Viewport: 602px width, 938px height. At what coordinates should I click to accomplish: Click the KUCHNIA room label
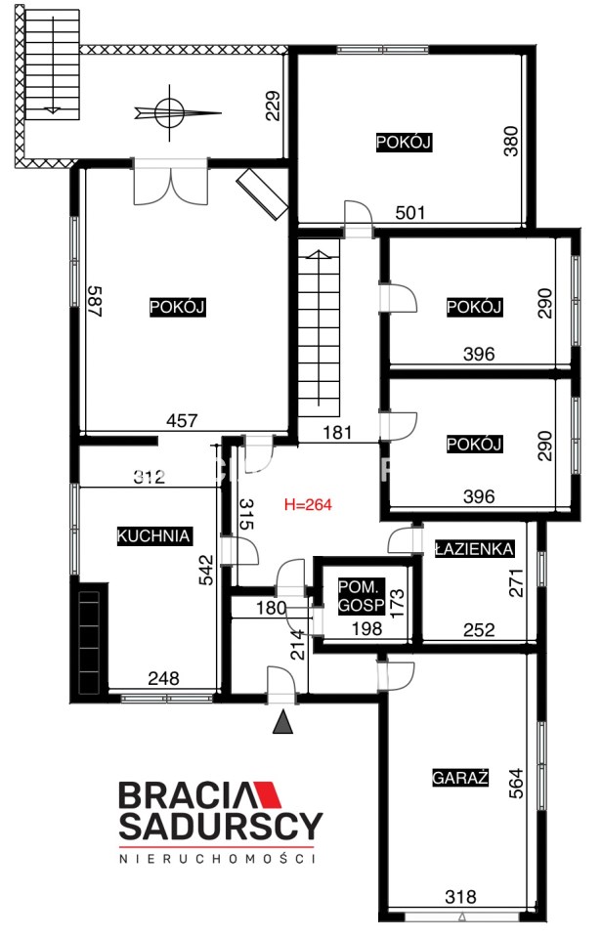tap(153, 535)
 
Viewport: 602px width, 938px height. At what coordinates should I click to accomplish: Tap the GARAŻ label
tap(460, 777)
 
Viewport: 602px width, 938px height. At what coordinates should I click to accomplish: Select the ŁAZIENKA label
tap(474, 548)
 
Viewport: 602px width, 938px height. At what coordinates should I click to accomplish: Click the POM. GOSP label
tap(362, 596)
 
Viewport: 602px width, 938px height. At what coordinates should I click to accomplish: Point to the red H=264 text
tap(308, 505)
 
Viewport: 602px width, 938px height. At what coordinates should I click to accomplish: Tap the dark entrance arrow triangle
tap(283, 722)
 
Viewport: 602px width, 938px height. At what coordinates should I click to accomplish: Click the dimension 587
tap(96, 301)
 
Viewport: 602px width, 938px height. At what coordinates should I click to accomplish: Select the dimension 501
tap(410, 212)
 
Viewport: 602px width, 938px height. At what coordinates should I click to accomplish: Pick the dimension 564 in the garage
tap(515, 783)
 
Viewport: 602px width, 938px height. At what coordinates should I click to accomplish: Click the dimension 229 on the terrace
tap(273, 106)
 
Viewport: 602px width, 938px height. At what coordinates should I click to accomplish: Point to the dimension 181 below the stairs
tap(337, 432)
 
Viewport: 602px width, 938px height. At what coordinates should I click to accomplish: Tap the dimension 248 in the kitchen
tap(163, 678)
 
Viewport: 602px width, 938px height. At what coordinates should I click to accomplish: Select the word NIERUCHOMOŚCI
tap(218, 859)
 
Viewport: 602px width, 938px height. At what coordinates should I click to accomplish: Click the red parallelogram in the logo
tap(270, 794)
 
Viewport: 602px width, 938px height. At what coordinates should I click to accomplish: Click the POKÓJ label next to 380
tap(404, 143)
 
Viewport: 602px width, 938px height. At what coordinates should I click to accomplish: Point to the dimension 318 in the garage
tap(460, 897)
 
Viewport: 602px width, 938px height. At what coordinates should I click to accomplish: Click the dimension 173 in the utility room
tap(396, 603)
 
